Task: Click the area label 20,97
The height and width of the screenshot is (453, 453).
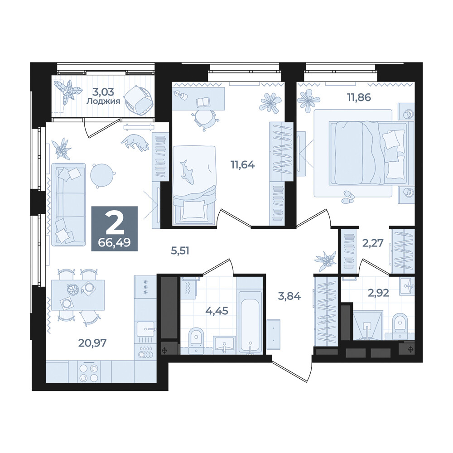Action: tap(92, 343)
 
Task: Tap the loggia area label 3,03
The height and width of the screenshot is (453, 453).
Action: tap(103, 92)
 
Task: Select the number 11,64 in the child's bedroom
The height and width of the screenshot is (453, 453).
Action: tap(242, 165)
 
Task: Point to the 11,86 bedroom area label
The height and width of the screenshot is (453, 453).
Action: tap(358, 97)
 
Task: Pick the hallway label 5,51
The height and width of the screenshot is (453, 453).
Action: tap(180, 251)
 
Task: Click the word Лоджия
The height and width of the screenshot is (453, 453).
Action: tap(103, 101)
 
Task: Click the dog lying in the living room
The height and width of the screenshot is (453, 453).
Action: tap(135, 142)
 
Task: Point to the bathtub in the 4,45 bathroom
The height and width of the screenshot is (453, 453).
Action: tap(250, 326)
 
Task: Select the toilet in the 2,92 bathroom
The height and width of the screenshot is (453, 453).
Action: tap(400, 326)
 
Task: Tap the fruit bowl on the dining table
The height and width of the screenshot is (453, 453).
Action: tap(72, 290)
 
